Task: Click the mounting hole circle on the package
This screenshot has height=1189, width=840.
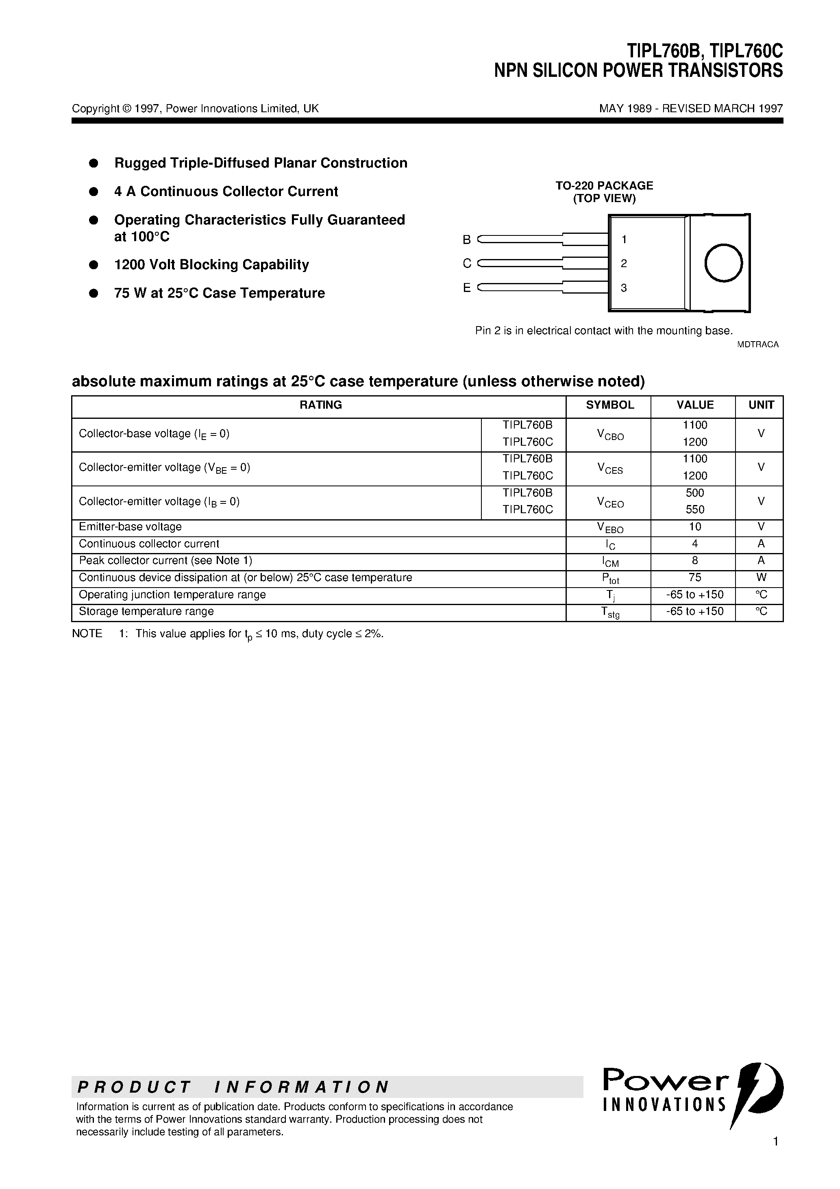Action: click(723, 263)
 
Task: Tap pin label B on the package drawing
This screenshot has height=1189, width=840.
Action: click(467, 240)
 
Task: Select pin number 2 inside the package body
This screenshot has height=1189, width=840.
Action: click(624, 263)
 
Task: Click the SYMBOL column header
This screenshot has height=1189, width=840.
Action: click(609, 405)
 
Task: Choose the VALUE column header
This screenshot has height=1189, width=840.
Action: click(694, 405)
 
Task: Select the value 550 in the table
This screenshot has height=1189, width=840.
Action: click(694, 510)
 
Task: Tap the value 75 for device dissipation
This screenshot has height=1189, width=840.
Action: click(694, 577)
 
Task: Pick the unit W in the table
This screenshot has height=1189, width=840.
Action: click(761, 577)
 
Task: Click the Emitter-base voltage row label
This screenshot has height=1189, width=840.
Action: click(130, 527)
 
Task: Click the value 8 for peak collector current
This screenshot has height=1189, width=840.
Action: click(694, 560)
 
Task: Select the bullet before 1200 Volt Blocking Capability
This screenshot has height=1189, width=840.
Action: click(94, 265)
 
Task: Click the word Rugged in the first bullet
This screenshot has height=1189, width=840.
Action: click(137, 163)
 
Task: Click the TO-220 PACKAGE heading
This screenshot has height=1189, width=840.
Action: click(604, 185)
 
